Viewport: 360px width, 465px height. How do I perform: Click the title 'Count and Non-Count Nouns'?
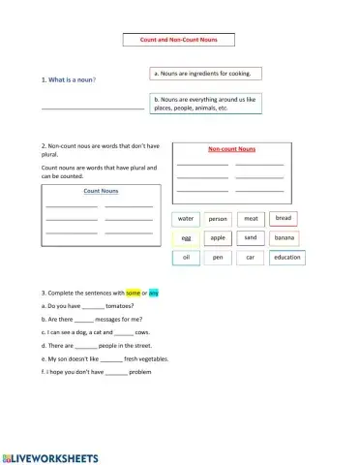point(179,40)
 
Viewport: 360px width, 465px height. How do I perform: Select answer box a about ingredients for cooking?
point(207,74)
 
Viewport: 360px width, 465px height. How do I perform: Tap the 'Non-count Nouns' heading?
point(231,149)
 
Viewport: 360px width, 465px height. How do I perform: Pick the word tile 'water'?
point(186,219)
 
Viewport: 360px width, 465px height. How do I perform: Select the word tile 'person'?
point(218,219)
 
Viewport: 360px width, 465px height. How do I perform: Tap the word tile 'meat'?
point(251,219)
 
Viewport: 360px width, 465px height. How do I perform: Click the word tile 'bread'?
point(283,218)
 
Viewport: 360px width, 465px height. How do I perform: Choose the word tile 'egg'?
point(186,238)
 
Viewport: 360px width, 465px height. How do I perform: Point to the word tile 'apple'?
point(218,237)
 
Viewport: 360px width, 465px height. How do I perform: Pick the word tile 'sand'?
point(251,237)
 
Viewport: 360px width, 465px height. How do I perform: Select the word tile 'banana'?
point(285,237)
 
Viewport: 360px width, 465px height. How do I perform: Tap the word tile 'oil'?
point(186,258)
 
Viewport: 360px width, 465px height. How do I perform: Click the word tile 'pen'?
point(218,258)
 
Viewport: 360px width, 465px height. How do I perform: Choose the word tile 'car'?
point(251,258)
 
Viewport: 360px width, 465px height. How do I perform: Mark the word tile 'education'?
point(287,258)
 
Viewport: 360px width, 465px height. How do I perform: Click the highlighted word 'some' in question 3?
point(134,292)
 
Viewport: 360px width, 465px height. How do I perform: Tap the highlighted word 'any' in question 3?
point(154,292)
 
